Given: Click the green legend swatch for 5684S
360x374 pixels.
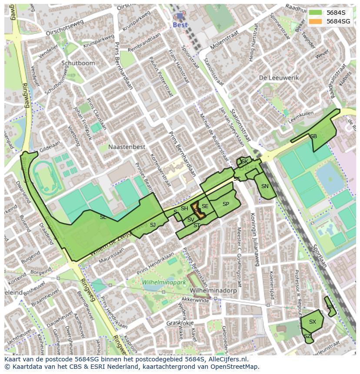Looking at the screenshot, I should coord(316,13).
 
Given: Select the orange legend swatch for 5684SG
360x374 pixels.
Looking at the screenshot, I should coord(316,21).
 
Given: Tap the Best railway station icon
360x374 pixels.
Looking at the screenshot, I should coord(180,16).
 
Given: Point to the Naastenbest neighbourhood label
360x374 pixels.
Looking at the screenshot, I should coord(127,147).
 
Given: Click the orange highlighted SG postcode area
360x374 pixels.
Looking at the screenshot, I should coord(197,211).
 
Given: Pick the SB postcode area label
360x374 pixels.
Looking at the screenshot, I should coord(313,136).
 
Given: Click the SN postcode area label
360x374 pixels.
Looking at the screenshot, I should coord(265,186).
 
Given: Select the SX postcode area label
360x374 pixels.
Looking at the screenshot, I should coord(312,322).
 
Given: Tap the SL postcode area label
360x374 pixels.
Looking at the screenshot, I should coord(103,217).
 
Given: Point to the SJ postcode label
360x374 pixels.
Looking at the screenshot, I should coord(153,225).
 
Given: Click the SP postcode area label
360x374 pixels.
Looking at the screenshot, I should coord(226,204).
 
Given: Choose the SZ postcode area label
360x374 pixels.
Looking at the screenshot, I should coord(307,336).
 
